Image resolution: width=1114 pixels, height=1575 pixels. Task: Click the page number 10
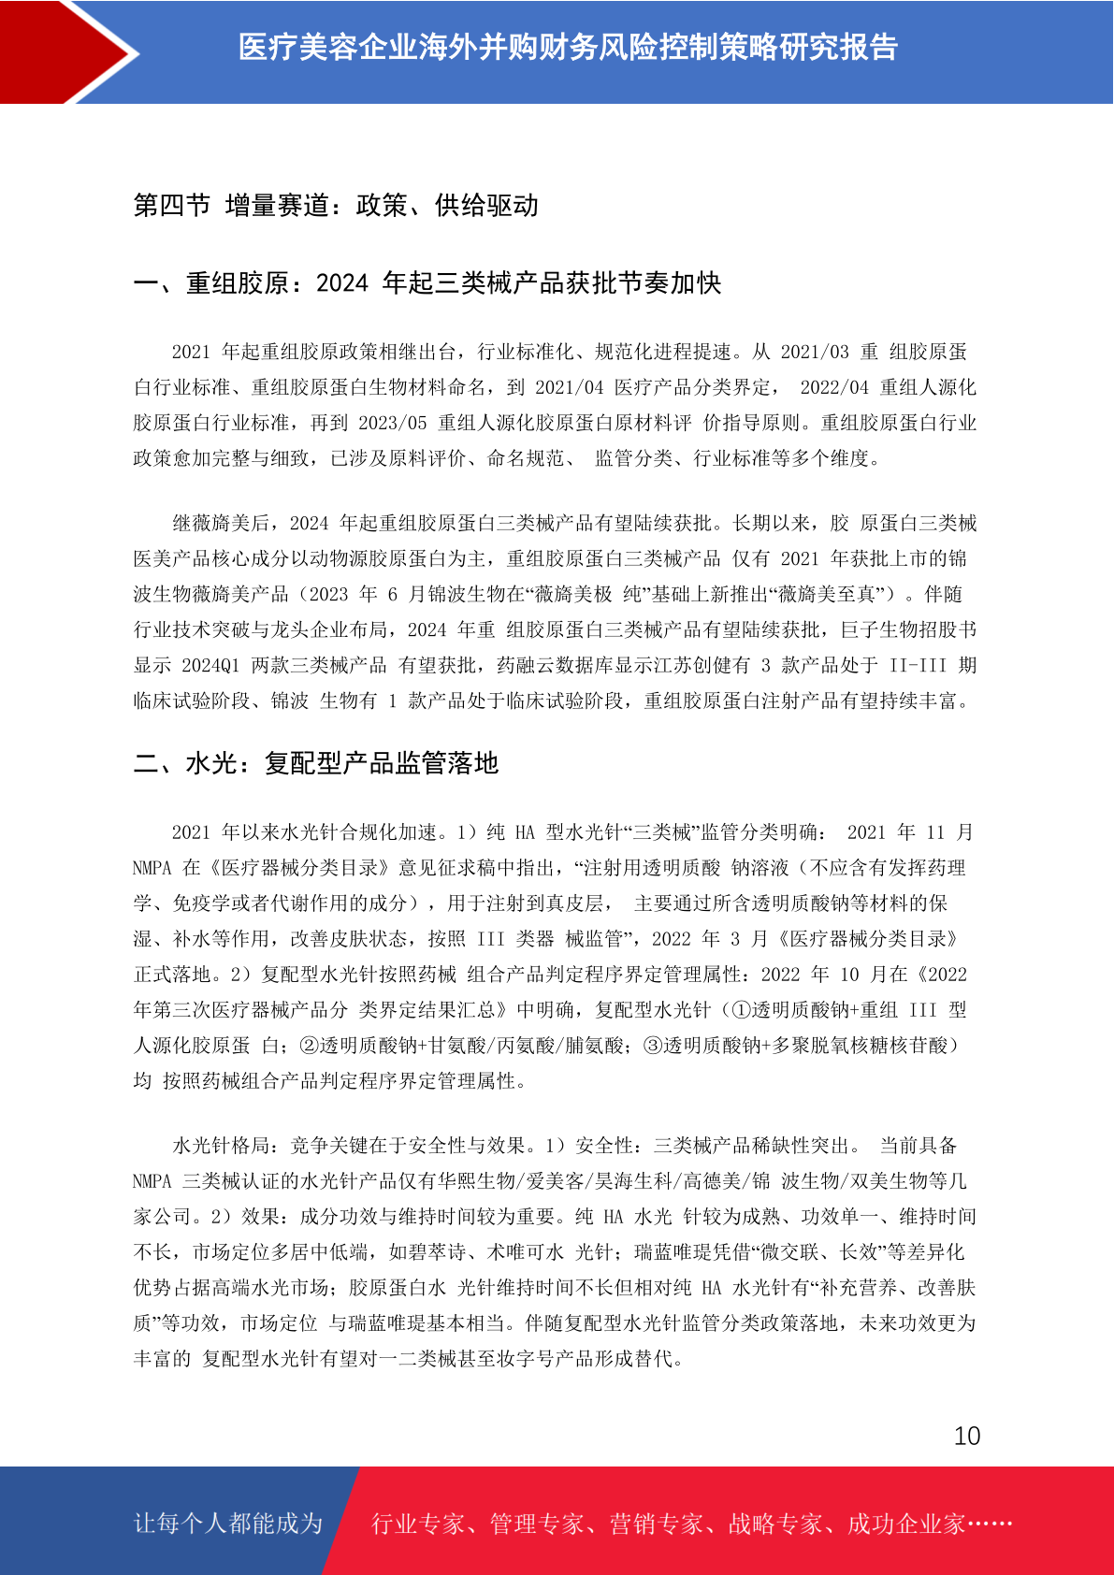point(966,1436)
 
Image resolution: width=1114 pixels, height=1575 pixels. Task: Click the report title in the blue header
point(568,47)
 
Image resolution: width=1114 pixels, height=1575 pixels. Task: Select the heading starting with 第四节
point(336,205)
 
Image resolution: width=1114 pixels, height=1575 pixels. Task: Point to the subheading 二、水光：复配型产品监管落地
point(316,763)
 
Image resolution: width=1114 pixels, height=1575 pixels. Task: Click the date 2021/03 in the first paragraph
point(814,352)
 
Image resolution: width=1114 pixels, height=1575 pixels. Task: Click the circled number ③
point(652,1045)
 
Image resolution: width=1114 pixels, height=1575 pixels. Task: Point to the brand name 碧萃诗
point(438,1252)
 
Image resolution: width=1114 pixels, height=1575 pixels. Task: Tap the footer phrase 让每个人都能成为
point(228,1524)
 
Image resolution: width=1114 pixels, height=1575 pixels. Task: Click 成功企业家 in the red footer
point(905,1524)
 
